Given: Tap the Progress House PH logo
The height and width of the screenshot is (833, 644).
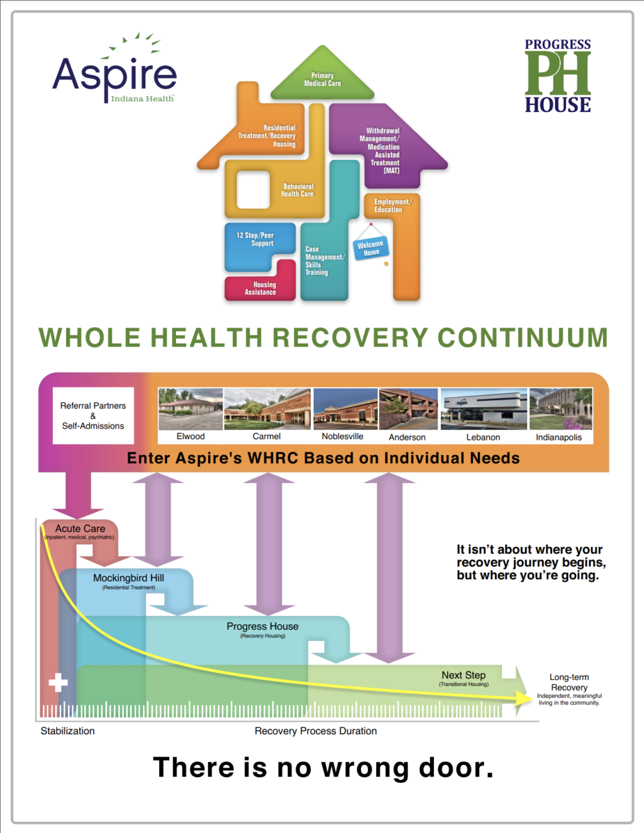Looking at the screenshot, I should coord(558,75).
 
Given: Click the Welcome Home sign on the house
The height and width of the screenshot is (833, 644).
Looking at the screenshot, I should coord(370,248).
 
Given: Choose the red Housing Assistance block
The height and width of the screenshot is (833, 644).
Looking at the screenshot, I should coord(261,288).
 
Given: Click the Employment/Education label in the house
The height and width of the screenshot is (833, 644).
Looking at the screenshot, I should coord(392,206).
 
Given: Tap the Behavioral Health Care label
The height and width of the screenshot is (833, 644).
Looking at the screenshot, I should coord(297,191).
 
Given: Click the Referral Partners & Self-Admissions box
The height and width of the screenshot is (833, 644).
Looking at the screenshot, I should coord(93,416).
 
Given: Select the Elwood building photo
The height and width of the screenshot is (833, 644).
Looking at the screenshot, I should coord(191,409).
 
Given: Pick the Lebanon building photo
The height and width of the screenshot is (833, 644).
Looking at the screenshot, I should coord(484,409).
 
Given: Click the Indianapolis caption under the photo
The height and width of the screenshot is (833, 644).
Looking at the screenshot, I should coord(558,437).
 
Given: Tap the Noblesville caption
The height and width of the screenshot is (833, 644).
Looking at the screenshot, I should coord(343,437).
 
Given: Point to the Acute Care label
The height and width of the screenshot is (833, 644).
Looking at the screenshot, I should coord(80,529).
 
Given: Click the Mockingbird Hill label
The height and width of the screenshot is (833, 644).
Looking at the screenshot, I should coord(128,578).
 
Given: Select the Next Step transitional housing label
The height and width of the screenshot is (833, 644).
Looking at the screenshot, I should coord(464,676).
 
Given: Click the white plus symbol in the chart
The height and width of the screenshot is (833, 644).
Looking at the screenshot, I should coord(58,682).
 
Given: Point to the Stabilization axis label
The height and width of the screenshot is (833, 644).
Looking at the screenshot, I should coord(68,731).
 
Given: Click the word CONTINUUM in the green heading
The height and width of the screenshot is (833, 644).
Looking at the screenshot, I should coord(523,338).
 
